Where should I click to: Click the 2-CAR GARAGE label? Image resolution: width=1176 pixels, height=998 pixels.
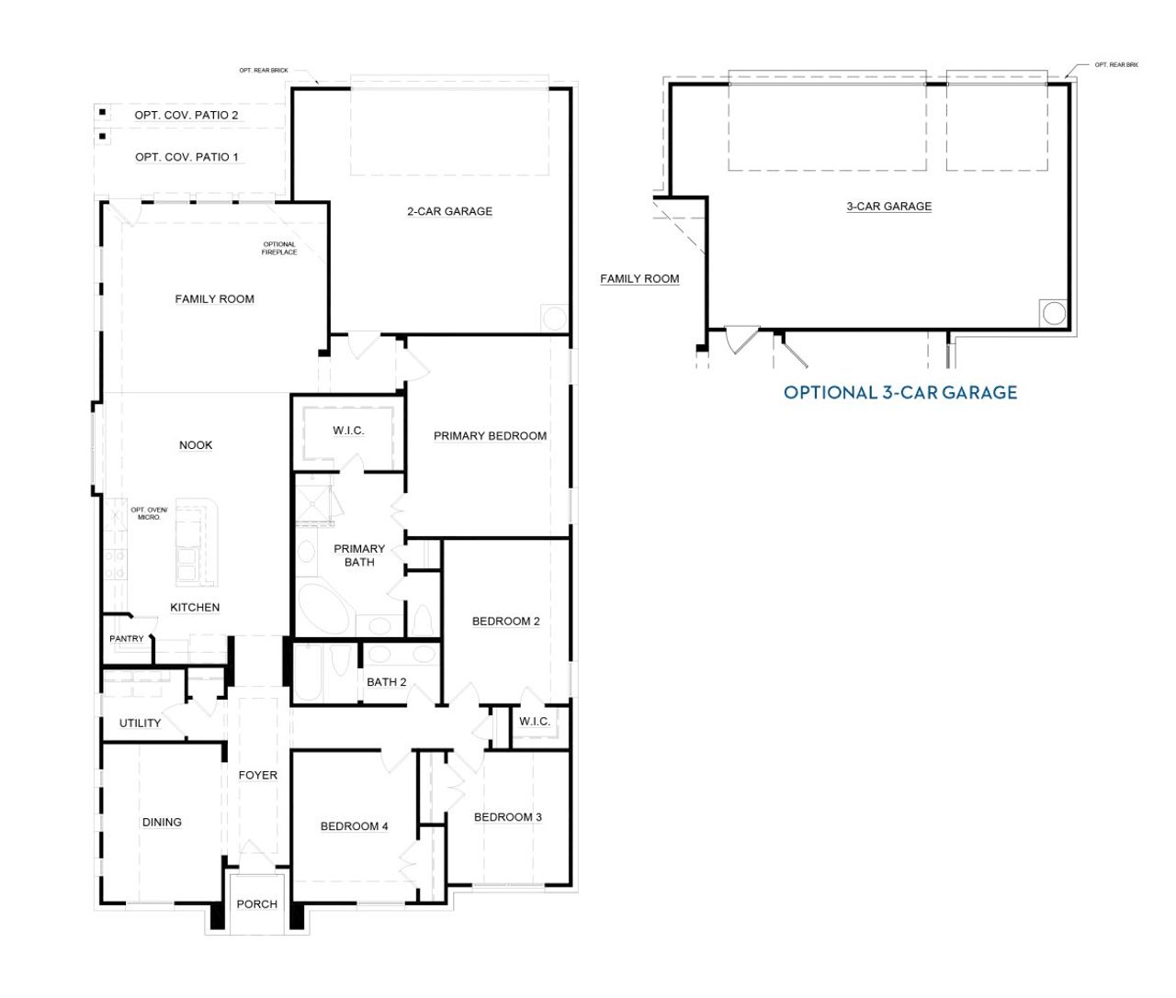coord(449,211)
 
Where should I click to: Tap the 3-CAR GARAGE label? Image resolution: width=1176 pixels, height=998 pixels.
coord(888,207)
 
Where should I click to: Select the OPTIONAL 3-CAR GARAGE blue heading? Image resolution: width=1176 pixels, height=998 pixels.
coord(899,393)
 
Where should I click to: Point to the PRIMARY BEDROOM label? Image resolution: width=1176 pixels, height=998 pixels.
coord(490,436)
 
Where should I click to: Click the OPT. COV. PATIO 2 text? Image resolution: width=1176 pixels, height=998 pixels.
coord(187,116)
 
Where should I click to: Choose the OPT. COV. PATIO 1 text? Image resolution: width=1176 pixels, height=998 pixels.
coord(187,157)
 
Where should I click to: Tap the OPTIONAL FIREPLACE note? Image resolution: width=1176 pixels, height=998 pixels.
coord(278,248)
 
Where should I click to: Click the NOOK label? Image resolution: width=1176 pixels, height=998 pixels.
coord(196,445)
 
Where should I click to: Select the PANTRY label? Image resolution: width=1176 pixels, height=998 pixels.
coord(127,639)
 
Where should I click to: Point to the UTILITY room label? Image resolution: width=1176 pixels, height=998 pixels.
coord(140,723)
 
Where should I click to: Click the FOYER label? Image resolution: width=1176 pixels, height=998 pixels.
coord(257,775)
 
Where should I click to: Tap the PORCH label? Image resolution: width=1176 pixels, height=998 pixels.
coord(256,904)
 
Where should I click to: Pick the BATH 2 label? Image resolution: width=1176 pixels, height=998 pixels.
coord(386,682)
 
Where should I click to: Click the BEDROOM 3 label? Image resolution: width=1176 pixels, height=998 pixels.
coord(507,817)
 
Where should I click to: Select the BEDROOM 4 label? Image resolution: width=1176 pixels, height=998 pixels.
coord(354,826)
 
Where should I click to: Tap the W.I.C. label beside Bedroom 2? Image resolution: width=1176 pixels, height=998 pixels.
coord(534,722)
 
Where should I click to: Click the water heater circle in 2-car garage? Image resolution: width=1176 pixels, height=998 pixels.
coord(555,318)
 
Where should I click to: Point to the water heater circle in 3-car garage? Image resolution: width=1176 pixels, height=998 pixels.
coord(1054,313)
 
